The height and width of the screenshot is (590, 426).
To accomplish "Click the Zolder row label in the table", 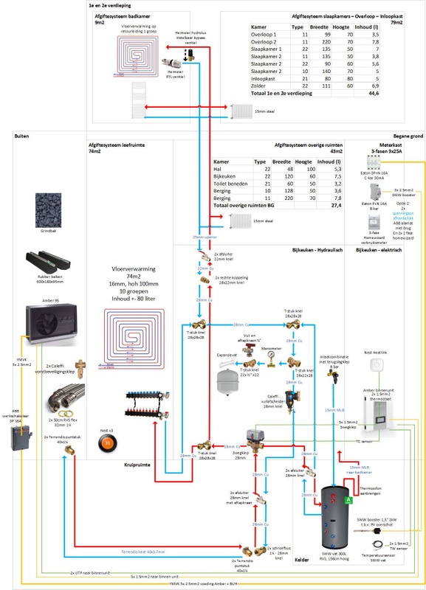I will [261, 86].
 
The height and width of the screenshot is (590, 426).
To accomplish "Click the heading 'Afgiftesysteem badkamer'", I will [122, 14].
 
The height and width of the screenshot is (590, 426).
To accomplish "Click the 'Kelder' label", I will [302, 559].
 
